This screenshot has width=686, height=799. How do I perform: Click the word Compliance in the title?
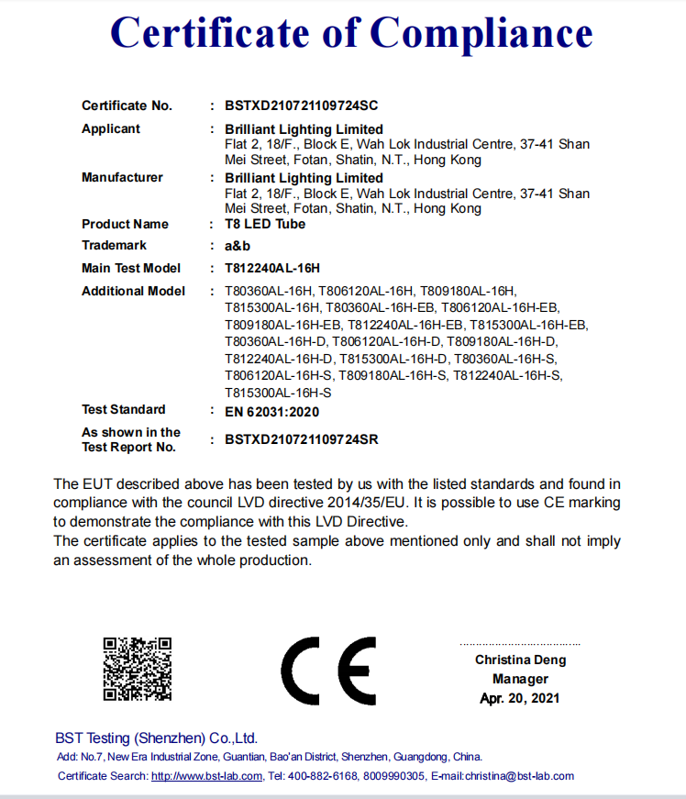pos(482,34)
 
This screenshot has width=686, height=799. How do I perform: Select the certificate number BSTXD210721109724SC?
pos(301,105)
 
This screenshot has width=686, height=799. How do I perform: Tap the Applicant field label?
pos(111,128)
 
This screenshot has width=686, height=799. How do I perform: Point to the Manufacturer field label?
pos(122,177)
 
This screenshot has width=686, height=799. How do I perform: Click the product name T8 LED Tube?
pos(265,224)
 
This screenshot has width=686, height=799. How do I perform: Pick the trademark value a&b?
pos(238,246)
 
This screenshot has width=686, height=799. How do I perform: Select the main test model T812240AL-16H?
pos(272,268)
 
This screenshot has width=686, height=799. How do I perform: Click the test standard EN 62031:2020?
pos(272,410)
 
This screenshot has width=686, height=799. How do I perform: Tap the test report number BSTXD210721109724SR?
pos(301,439)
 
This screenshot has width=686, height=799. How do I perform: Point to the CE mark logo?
pos(327,670)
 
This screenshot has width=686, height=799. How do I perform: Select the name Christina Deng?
pos(520,660)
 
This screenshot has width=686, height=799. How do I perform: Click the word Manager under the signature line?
pos(520,679)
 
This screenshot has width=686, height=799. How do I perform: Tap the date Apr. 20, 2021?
pos(519,698)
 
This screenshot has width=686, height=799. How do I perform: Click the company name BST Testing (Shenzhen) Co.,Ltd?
pos(156,738)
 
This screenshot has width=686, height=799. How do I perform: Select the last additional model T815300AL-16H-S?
pos(278,392)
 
